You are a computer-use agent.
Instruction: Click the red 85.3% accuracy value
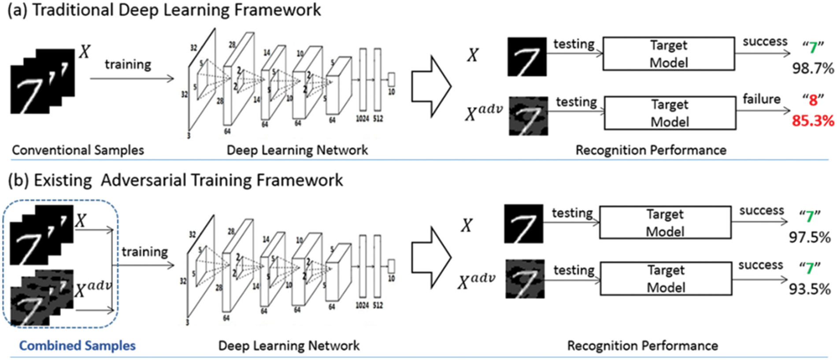(812, 121)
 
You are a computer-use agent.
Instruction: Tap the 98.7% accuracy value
(813, 68)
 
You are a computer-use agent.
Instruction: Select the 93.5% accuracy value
(810, 289)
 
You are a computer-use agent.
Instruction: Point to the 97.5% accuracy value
(810, 238)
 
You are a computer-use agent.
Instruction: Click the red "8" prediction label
(813, 100)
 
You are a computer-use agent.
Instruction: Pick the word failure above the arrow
(761, 99)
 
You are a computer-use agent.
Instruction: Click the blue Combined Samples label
(77, 345)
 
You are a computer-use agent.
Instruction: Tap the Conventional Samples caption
(78, 150)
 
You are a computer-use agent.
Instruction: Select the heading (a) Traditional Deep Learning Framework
(164, 10)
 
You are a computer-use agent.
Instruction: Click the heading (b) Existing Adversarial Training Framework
(175, 180)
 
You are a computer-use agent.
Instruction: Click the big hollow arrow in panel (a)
(431, 86)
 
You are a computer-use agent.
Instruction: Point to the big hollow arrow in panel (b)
(431, 257)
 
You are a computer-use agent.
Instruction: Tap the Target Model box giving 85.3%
(670, 113)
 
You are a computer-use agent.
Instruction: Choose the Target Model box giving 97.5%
(665, 223)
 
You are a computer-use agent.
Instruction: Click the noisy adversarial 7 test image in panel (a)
(528, 116)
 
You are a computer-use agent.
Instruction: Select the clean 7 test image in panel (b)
(523, 223)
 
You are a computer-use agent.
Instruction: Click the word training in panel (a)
(128, 64)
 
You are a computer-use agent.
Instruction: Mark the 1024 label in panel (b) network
(362, 305)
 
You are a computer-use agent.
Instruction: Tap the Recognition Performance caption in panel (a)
(651, 150)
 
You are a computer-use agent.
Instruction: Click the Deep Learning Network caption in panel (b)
(289, 345)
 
